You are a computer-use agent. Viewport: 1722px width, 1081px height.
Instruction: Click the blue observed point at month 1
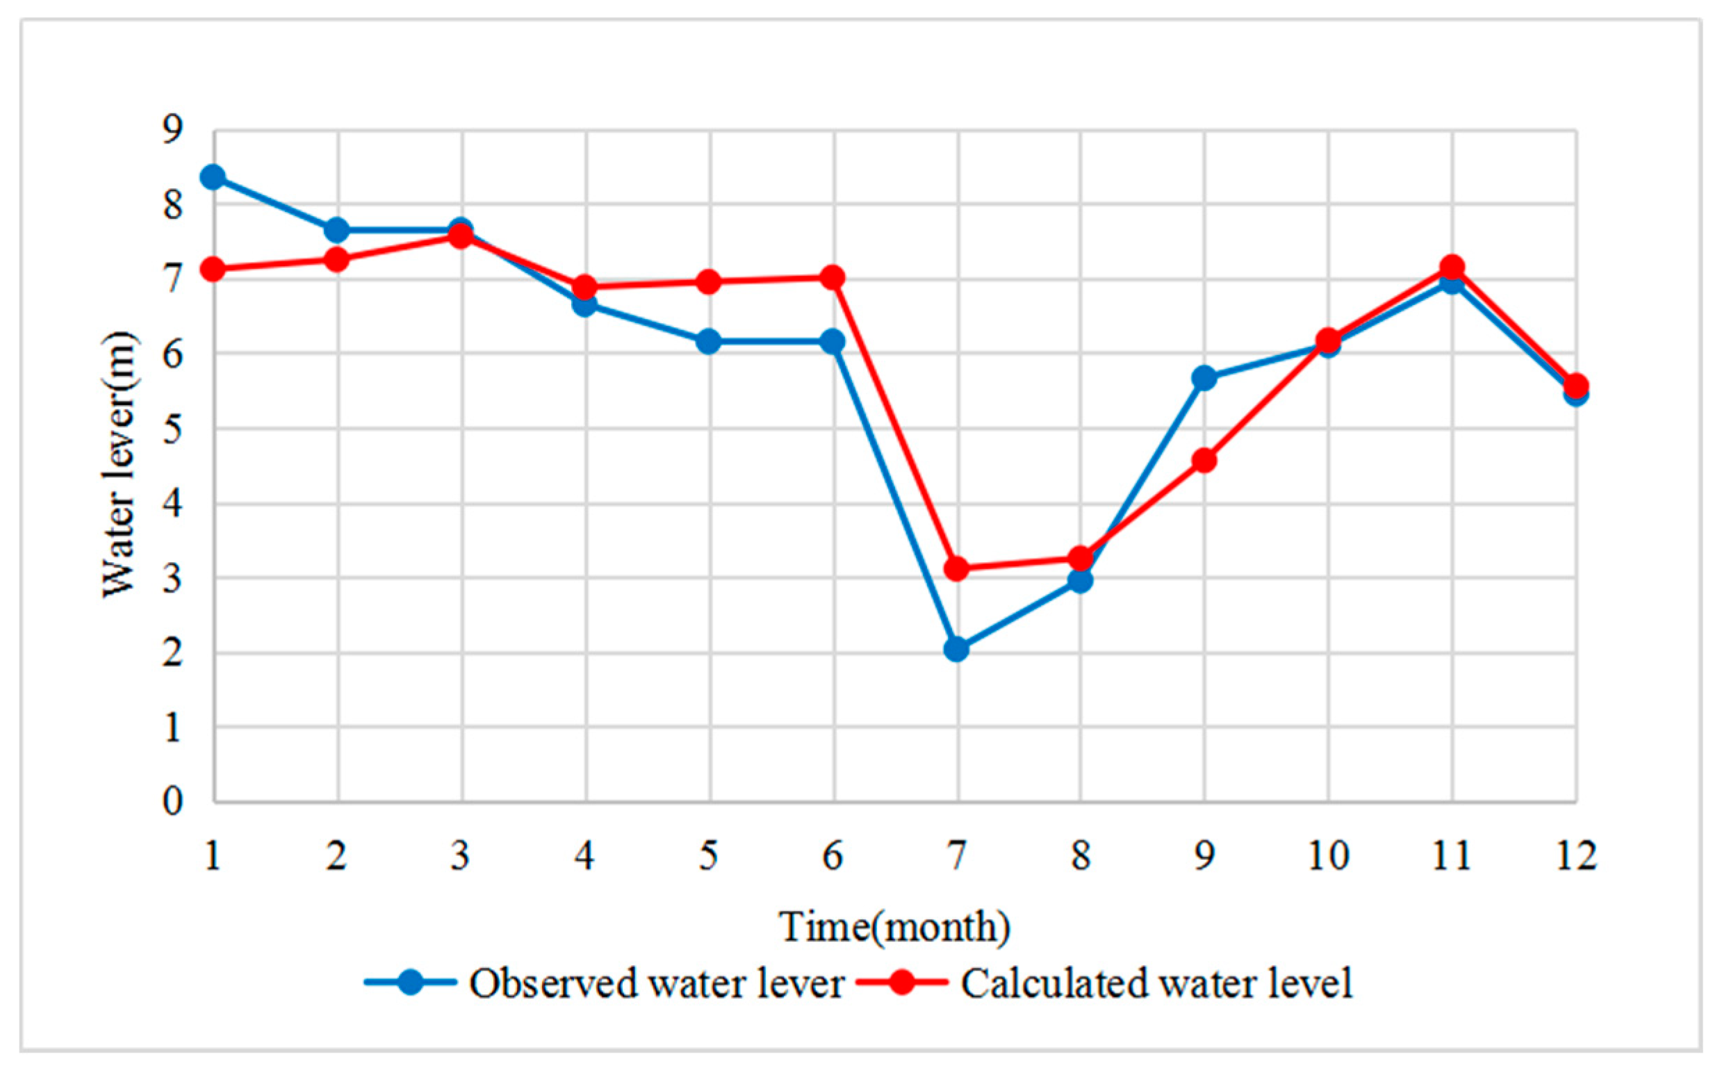213,176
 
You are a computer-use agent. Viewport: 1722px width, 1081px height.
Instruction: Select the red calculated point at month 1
213,270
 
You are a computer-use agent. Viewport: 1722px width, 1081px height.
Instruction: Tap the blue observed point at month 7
956,649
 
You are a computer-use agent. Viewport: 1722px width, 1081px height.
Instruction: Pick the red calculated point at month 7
956,568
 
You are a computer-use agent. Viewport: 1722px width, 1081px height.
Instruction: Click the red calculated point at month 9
1204,460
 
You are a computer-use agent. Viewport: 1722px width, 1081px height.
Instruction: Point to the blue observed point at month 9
1204,377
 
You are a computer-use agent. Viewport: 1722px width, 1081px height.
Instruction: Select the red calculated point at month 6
833,277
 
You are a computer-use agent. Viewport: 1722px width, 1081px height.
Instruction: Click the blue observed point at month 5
708,341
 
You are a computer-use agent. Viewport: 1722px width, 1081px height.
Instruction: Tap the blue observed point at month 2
337,230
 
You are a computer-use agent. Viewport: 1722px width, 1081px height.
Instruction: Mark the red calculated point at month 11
1452,267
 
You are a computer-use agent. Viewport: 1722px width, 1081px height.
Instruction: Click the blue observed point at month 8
1081,580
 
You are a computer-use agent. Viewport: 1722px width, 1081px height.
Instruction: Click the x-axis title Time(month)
894,928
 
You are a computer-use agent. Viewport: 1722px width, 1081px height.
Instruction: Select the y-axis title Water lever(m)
119,465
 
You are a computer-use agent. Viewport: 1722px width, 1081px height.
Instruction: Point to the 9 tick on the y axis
172,129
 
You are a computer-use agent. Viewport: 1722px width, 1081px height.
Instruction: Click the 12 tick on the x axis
1576,856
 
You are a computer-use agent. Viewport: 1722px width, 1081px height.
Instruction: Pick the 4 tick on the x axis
585,856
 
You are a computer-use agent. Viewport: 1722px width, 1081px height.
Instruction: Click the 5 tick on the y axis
172,429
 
